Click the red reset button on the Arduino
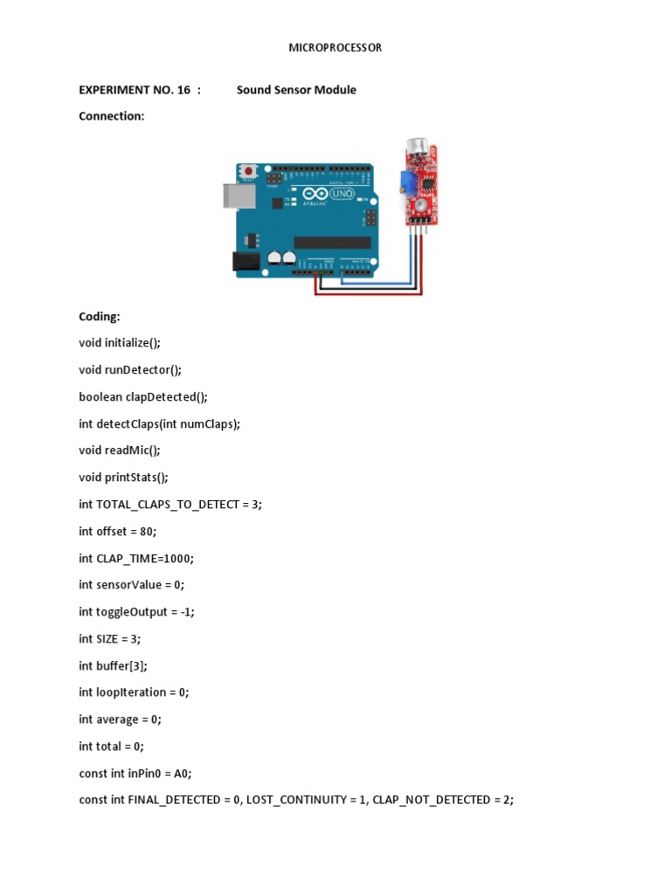(x=249, y=170)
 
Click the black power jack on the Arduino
(x=242, y=260)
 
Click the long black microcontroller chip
(x=332, y=242)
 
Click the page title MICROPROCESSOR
(x=335, y=48)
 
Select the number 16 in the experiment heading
(x=183, y=90)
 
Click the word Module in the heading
(x=336, y=90)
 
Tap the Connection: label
(x=111, y=116)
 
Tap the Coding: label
(x=100, y=317)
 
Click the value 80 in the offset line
(x=148, y=531)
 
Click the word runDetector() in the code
(x=143, y=370)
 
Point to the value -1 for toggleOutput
(x=185, y=612)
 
